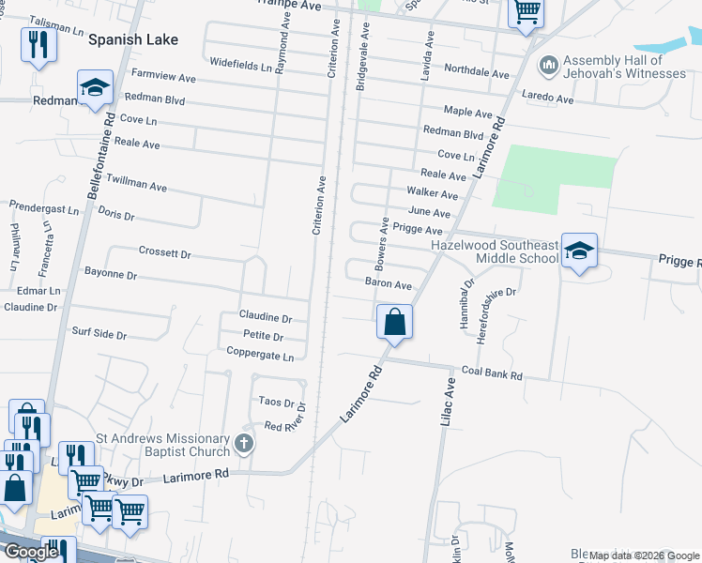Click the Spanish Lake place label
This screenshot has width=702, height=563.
click(x=131, y=40)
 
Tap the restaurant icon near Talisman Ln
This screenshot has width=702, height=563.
click(x=38, y=45)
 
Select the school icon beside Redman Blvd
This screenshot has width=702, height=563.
click(x=95, y=87)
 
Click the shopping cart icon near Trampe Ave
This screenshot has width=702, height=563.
click(x=526, y=12)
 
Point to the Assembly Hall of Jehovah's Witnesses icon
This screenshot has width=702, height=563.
click(x=548, y=66)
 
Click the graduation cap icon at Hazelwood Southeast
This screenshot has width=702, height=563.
click(x=579, y=251)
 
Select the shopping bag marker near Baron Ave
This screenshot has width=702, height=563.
click(x=395, y=321)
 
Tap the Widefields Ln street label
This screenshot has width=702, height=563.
click(x=247, y=66)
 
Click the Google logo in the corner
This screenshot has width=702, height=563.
click(x=30, y=553)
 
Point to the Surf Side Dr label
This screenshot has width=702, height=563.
click(x=99, y=333)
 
